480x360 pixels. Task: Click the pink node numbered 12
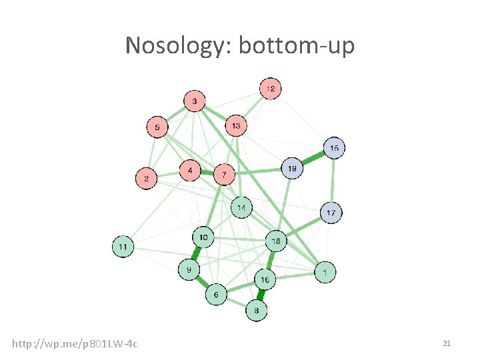point(270,88)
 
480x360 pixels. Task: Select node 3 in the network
point(194,101)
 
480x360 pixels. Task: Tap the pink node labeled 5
point(157,127)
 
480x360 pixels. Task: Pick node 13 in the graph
point(235,125)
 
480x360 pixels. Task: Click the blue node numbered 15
point(334,148)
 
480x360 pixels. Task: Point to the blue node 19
point(291,169)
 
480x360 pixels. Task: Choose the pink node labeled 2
point(147,179)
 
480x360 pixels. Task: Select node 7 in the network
point(224,175)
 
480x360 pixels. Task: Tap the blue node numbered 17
point(331,213)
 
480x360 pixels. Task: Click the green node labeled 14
point(241,207)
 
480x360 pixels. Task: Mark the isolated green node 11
point(123,247)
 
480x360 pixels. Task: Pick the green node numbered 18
point(276,241)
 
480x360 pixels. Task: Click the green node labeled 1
point(325,272)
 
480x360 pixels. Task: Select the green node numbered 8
point(257,310)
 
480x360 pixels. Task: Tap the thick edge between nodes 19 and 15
point(313,159)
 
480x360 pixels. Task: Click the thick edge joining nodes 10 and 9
point(196,253)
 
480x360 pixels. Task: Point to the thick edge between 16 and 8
point(261,295)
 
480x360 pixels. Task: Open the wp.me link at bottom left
point(75,343)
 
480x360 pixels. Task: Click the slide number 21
point(447,343)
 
